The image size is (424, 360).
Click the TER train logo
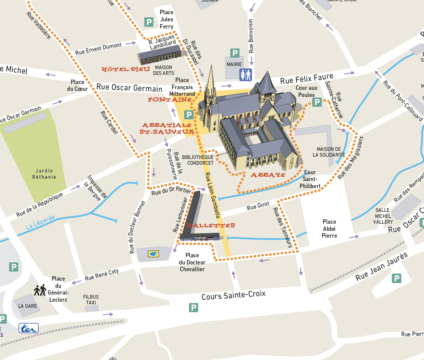click(x=28, y=328)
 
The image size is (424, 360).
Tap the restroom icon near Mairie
click(x=246, y=75)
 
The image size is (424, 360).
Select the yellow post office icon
click(x=153, y=254)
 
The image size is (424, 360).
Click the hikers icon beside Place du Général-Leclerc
click(x=40, y=290)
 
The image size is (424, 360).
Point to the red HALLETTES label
click(x=211, y=225)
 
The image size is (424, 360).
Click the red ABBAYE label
click(x=268, y=175)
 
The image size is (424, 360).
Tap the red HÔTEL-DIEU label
click(x=126, y=69)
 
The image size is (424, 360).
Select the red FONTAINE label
click(x=170, y=99)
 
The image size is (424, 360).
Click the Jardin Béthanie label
click(x=44, y=174)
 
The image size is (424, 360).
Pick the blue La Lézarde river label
click(x=40, y=222)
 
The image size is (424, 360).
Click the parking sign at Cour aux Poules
click(x=317, y=102)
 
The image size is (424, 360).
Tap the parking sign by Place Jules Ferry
click(x=149, y=22)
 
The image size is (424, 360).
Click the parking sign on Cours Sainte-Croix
click(x=193, y=307)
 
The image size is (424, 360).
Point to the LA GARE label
click(x=27, y=306)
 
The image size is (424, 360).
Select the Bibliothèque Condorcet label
click(x=198, y=160)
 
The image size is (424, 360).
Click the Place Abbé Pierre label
click(x=329, y=228)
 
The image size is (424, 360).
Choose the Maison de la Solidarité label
click(x=328, y=152)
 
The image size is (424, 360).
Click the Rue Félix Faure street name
click(x=306, y=79)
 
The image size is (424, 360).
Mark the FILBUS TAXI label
click(x=91, y=300)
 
